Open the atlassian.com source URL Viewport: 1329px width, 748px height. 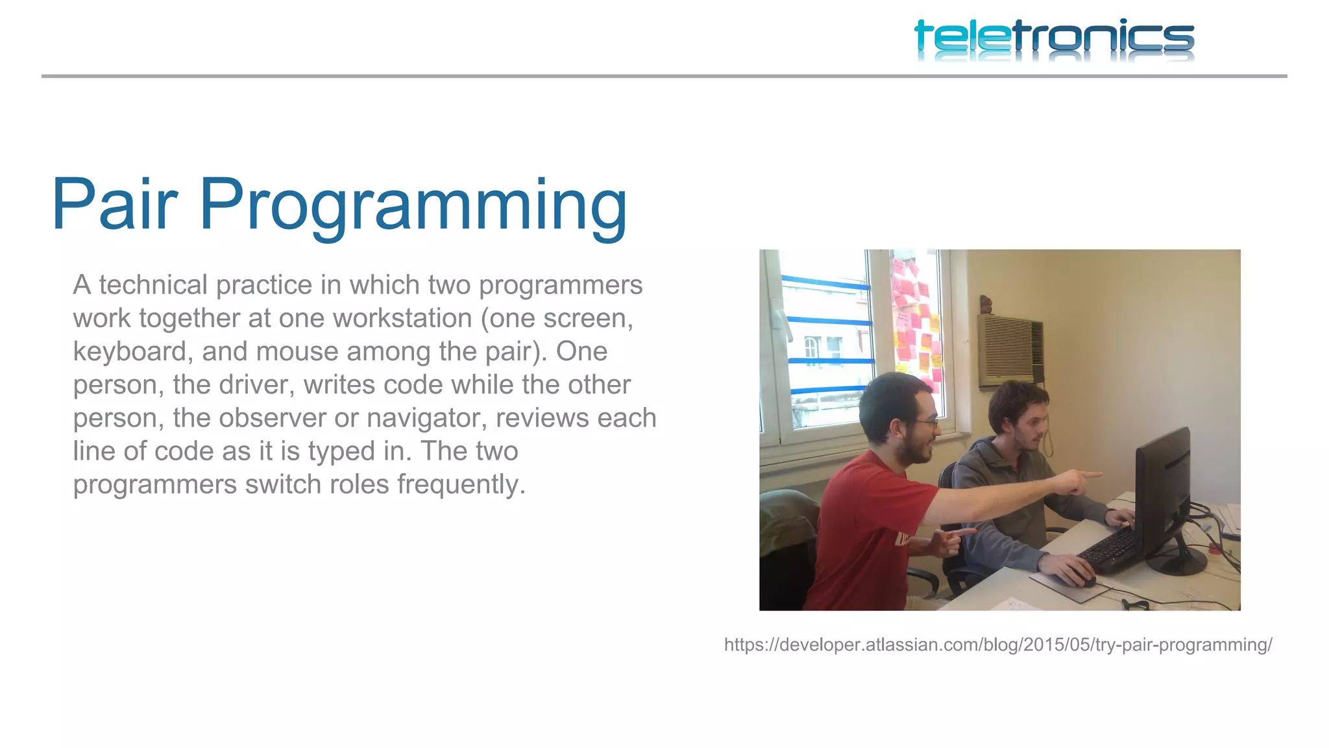pyautogui.click(x=998, y=645)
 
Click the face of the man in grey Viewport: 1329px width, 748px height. pyautogui.click(x=1029, y=425)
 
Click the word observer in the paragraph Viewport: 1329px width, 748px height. pyautogui.click(x=273, y=418)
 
